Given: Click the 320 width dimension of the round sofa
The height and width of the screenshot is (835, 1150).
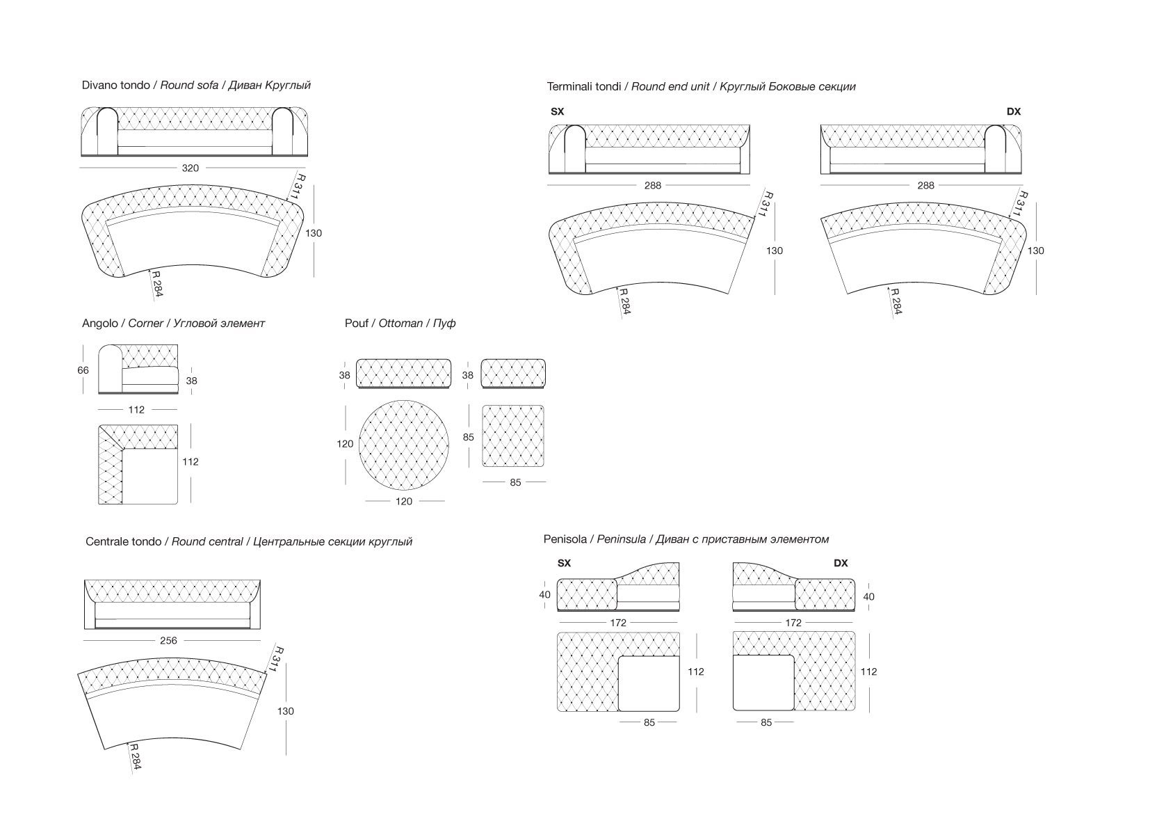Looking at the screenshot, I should [190, 168].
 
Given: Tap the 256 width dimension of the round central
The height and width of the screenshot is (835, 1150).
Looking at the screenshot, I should [168, 640].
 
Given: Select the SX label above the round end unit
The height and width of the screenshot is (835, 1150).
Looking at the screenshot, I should [557, 111].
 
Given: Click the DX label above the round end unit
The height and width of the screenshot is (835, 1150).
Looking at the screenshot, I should [1013, 111].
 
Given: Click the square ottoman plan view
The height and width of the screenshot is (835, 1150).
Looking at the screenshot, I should [512, 436].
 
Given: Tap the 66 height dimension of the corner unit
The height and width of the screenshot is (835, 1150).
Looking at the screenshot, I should [83, 370].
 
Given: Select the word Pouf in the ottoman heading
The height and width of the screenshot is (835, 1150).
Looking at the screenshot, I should [357, 323].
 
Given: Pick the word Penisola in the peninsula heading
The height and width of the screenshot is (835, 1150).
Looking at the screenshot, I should [566, 539].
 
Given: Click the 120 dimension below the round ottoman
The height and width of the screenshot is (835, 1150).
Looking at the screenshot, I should [403, 501].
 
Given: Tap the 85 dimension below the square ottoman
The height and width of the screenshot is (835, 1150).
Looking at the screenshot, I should [515, 482].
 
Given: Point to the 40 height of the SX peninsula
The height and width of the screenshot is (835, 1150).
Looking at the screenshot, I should [544, 594].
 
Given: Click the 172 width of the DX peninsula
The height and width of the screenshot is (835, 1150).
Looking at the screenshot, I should [793, 623].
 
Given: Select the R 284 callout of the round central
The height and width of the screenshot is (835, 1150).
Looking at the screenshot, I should [135, 759].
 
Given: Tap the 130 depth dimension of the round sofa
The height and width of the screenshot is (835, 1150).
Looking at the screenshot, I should [314, 233].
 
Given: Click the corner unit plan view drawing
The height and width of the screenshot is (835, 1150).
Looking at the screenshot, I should [138, 465].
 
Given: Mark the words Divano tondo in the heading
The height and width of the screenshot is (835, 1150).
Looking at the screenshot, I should [115, 85].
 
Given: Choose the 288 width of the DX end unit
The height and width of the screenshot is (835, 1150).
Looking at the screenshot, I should [925, 185].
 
